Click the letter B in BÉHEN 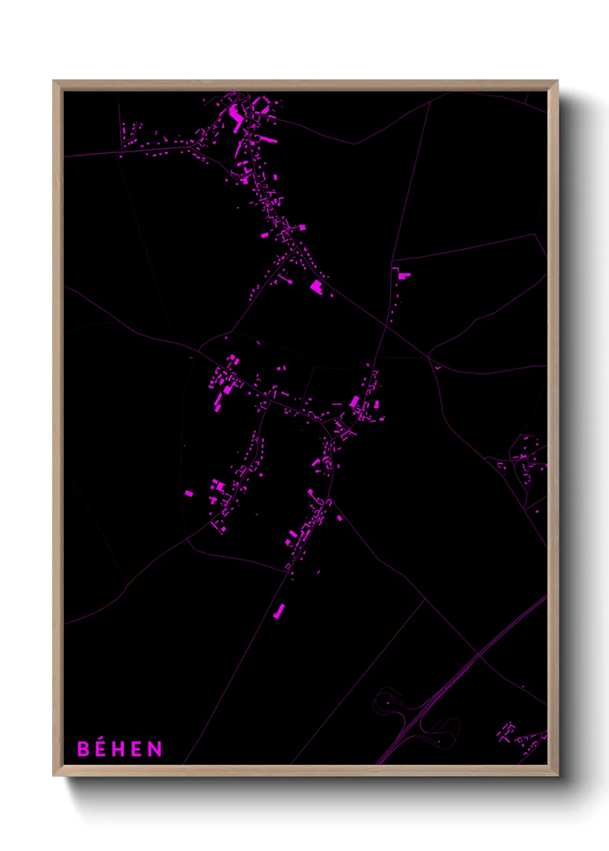click(x=83, y=749)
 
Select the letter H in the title click(x=119, y=749)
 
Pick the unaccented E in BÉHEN click(x=137, y=749)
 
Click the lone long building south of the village click(x=279, y=611)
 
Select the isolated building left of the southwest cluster click(x=189, y=493)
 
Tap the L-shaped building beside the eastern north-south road click(x=404, y=276)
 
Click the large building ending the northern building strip click(x=315, y=286)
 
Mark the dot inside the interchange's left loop click(x=387, y=703)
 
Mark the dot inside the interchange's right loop click(x=439, y=741)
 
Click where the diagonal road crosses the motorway click(x=478, y=654)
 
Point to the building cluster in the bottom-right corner click(x=521, y=736)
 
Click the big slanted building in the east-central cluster click(x=355, y=401)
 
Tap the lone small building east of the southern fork click(x=339, y=518)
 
